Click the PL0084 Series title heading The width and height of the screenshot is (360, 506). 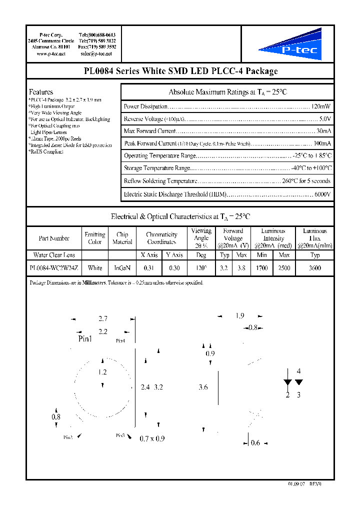pyautogui.click(x=180, y=71)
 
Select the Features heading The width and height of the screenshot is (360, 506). pyautogui.click(x=41, y=92)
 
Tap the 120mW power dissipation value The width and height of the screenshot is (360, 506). pyautogui.click(x=320, y=106)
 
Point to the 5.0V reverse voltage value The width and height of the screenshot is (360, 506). pyautogui.click(x=324, y=119)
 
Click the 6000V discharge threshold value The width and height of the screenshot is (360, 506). pyautogui.click(x=322, y=194)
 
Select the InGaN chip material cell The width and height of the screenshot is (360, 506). pyautogui.click(x=122, y=268)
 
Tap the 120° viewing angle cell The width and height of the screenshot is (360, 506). pyautogui.click(x=201, y=268)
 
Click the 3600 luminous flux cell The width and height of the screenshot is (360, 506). pyautogui.click(x=315, y=268)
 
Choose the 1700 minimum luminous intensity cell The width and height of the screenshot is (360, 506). pyautogui.click(x=261, y=268)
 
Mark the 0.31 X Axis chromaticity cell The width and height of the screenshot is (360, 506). pyautogui.click(x=149, y=268)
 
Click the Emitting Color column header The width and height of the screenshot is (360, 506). pyautogui.click(x=95, y=238)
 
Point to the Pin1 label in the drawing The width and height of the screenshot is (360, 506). pyautogui.click(x=85, y=339)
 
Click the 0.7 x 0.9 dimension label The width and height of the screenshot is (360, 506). pyautogui.click(x=152, y=438)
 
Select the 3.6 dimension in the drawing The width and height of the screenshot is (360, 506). pyautogui.click(x=203, y=387)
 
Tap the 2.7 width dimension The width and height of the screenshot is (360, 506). pyautogui.click(x=103, y=318)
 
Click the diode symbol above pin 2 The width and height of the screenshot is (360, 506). pyautogui.click(x=287, y=382)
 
